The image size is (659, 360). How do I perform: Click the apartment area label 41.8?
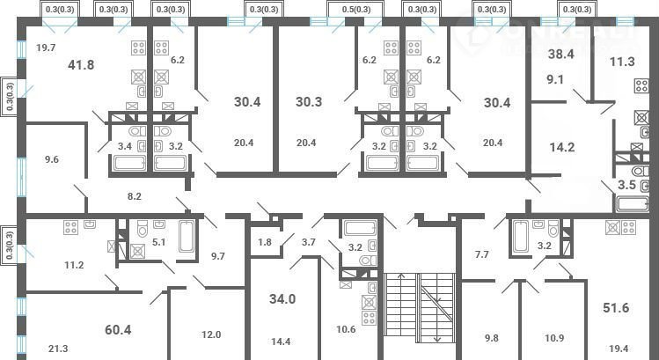[x=81, y=65]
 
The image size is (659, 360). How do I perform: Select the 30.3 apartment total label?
[x=309, y=102]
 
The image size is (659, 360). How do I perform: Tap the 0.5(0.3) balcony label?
[x=355, y=10]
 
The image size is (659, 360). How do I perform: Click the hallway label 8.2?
[x=135, y=195]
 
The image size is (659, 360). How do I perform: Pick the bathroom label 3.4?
[x=125, y=147]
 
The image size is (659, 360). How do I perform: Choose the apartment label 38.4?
[x=560, y=55]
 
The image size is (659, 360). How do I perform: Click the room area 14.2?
[x=562, y=148]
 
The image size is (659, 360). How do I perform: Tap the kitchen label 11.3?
[x=622, y=62]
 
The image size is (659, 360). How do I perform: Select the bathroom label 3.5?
[x=626, y=185]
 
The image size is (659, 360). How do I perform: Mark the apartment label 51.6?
[x=616, y=308]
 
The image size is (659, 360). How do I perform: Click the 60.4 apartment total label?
[x=118, y=330]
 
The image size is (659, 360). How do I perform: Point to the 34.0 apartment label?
[x=282, y=299]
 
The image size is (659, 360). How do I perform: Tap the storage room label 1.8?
[x=265, y=243]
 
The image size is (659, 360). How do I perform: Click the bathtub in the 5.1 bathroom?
[x=187, y=236]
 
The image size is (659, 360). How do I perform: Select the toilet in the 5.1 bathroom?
[x=143, y=229]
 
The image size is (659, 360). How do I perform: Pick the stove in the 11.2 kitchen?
[x=70, y=227]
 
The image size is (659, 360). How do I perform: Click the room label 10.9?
[x=554, y=338]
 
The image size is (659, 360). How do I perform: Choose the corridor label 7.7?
[x=481, y=254]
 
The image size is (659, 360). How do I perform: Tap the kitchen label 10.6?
[x=347, y=329]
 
